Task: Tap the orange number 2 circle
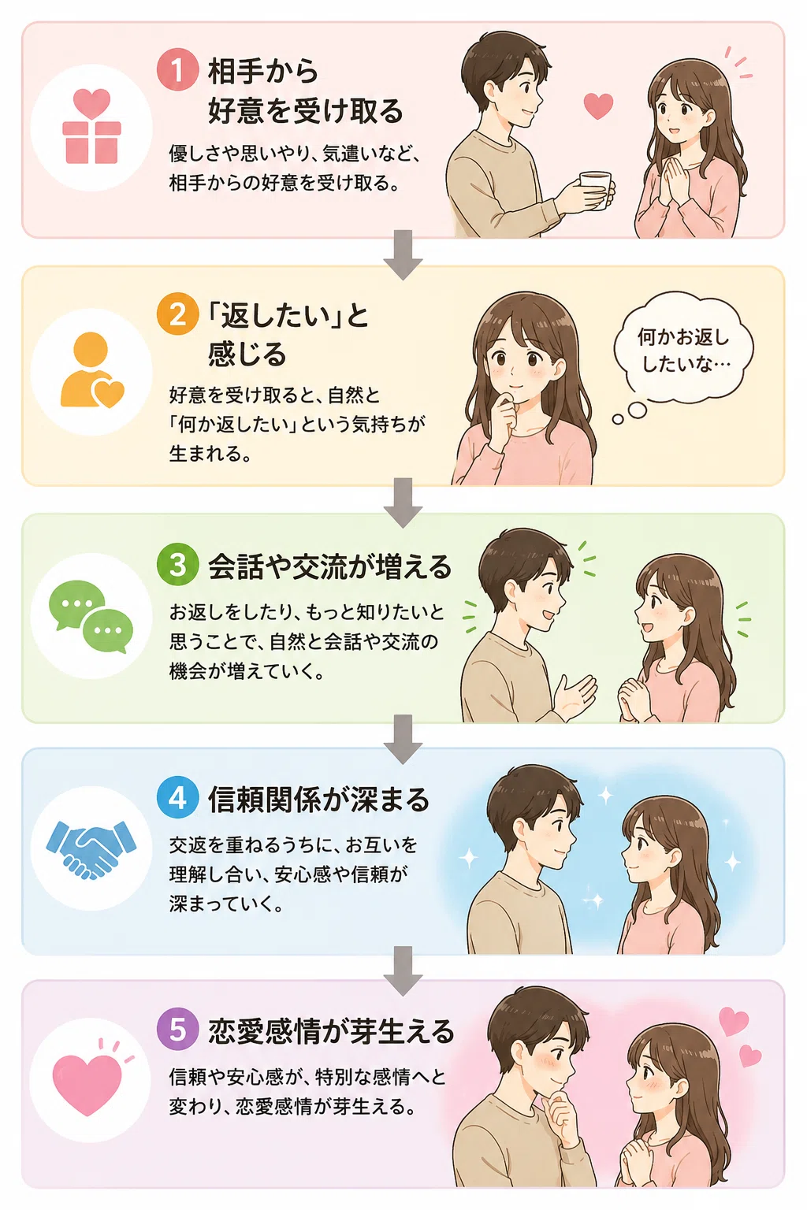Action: pyautogui.click(x=177, y=314)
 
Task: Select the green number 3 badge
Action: pyautogui.click(x=177, y=565)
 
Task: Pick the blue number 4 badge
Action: pyautogui.click(x=177, y=798)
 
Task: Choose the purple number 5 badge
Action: pyautogui.click(x=177, y=1030)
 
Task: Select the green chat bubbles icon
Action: pyautogui.click(x=91, y=616)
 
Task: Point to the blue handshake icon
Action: pyautogui.click(x=91, y=849)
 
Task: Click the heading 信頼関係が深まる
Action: pyautogui.click(x=319, y=800)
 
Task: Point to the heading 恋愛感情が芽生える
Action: pyautogui.click(x=331, y=1030)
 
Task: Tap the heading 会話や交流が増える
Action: pyautogui.click(x=329, y=566)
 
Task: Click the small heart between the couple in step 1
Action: pyautogui.click(x=598, y=106)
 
